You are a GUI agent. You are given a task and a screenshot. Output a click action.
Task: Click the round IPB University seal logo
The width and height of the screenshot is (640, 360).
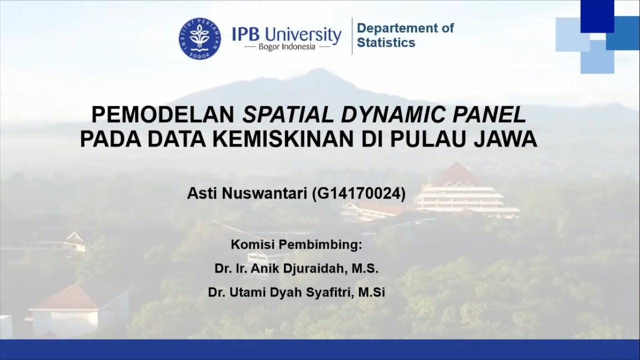pyautogui.click(x=199, y=38)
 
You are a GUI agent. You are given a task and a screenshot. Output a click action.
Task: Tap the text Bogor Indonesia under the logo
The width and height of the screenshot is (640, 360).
pyautogui.click(x=287, y=47)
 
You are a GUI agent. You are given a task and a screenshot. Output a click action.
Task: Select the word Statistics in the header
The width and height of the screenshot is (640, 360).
pyautogui.click(x=386, y=43)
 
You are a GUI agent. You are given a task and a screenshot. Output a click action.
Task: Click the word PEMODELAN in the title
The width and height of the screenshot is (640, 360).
pyautogui.click(x=163, y=115)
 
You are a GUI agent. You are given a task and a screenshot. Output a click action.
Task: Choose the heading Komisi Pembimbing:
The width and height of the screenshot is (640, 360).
pyautogui.click(x=296, y=245)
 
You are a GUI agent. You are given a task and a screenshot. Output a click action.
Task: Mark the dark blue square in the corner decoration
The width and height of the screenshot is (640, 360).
pyautogui.click(x=597, y=15)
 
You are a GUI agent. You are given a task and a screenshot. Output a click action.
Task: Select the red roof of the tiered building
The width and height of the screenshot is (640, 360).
pyautogui.click(x=456, y=174)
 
